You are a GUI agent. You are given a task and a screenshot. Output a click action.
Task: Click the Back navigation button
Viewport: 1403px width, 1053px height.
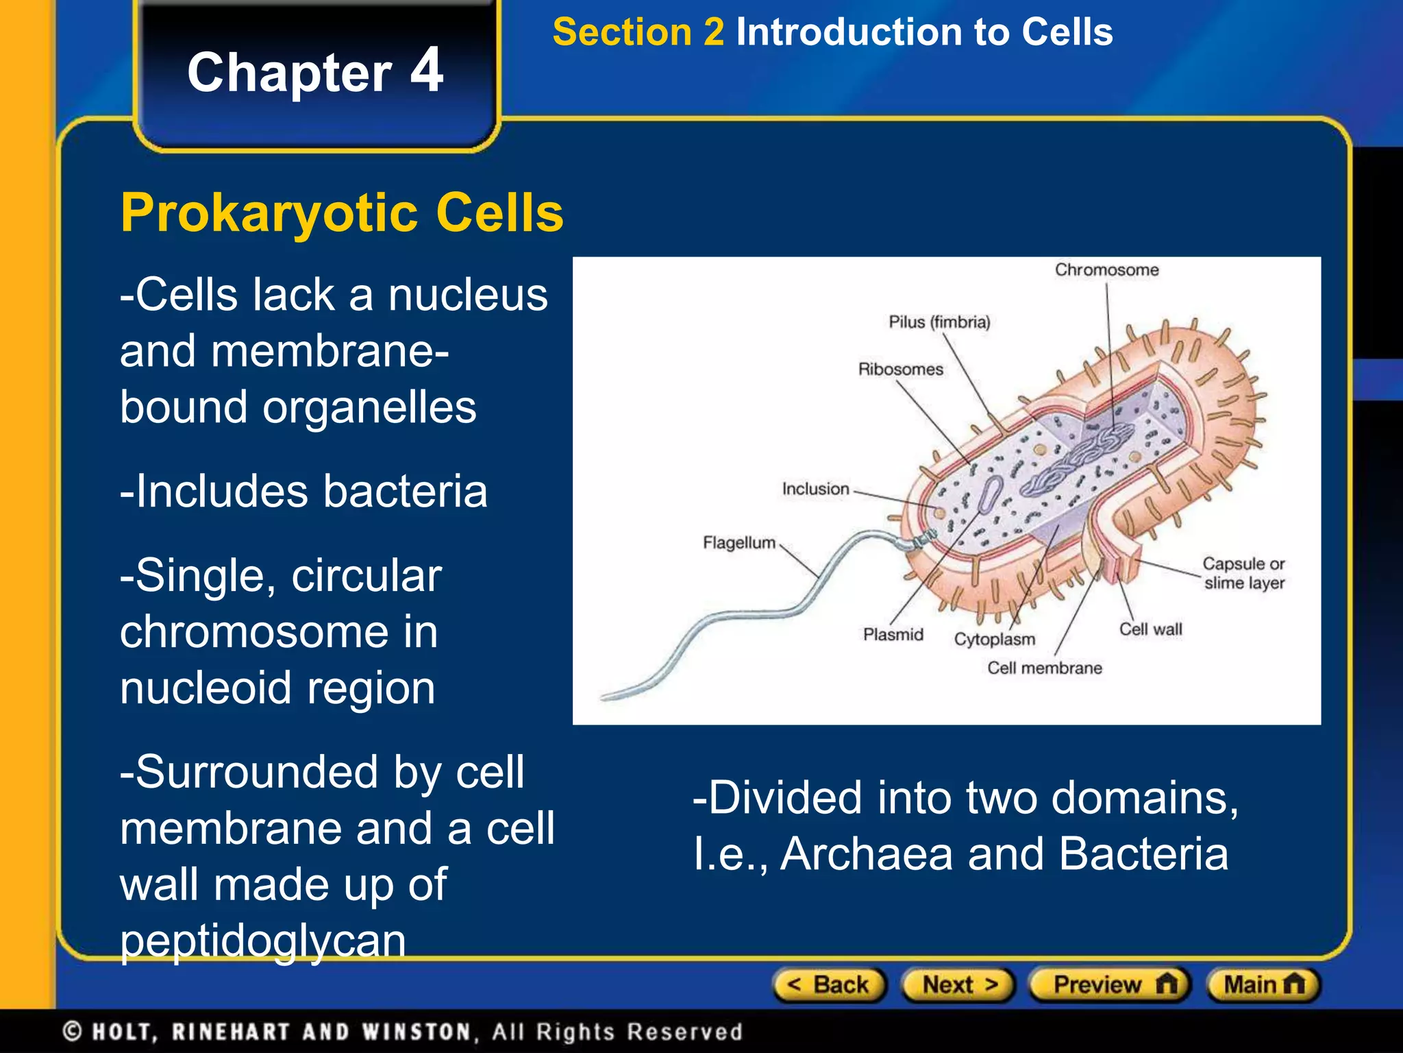pyautogui.click(x=829, y=985)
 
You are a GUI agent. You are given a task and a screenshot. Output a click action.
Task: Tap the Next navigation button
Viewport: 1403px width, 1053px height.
pyautogui.click(x=958, y=985)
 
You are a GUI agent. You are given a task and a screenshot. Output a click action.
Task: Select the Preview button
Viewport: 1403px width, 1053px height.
pyautogui.click(x=1110, y=985)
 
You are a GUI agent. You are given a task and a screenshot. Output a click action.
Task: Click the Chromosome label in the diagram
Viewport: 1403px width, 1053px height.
pyautogui.click(x=1106, y=270)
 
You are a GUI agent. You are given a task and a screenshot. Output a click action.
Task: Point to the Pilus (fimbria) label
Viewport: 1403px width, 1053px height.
pyautogui.click(x=939, y=322)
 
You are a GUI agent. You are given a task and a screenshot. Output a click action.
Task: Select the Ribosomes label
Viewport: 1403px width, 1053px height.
pyautogui.click(x=900, y=370)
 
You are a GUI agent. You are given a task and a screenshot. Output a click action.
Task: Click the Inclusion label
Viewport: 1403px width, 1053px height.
pyautogui.click(x=815, y=489)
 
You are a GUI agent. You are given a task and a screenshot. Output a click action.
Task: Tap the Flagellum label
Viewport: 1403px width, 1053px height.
pyautogui.click(x=738, y=543)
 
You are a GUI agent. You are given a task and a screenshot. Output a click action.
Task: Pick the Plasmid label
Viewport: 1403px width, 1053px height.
pyautogui.click(x=893, y=635)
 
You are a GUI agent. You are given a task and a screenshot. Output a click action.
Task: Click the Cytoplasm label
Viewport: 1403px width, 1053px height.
pyautogui.click(x=994, y=640)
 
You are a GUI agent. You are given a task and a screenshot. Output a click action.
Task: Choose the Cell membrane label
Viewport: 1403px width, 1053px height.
pyautogui.click(x=1044, y=668)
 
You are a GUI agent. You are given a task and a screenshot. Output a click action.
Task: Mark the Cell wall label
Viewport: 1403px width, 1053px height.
pyautogui.click(x=1150, y=629)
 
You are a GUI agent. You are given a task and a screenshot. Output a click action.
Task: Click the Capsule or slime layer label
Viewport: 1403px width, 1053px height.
pyautogui.click(x=1243, y=573)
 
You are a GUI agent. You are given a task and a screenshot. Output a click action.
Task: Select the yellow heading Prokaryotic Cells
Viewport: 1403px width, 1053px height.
pyautogui.click(x=341, y=213)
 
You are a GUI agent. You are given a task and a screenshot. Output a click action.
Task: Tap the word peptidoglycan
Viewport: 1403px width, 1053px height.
pyautogui.click(x=263, y=940)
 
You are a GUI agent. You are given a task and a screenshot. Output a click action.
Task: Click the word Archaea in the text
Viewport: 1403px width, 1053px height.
pyautogui.click(x=867, y=855)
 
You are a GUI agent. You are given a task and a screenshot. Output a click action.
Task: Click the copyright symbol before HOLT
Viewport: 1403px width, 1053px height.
pyautogui.click(x=73, y=1032)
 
